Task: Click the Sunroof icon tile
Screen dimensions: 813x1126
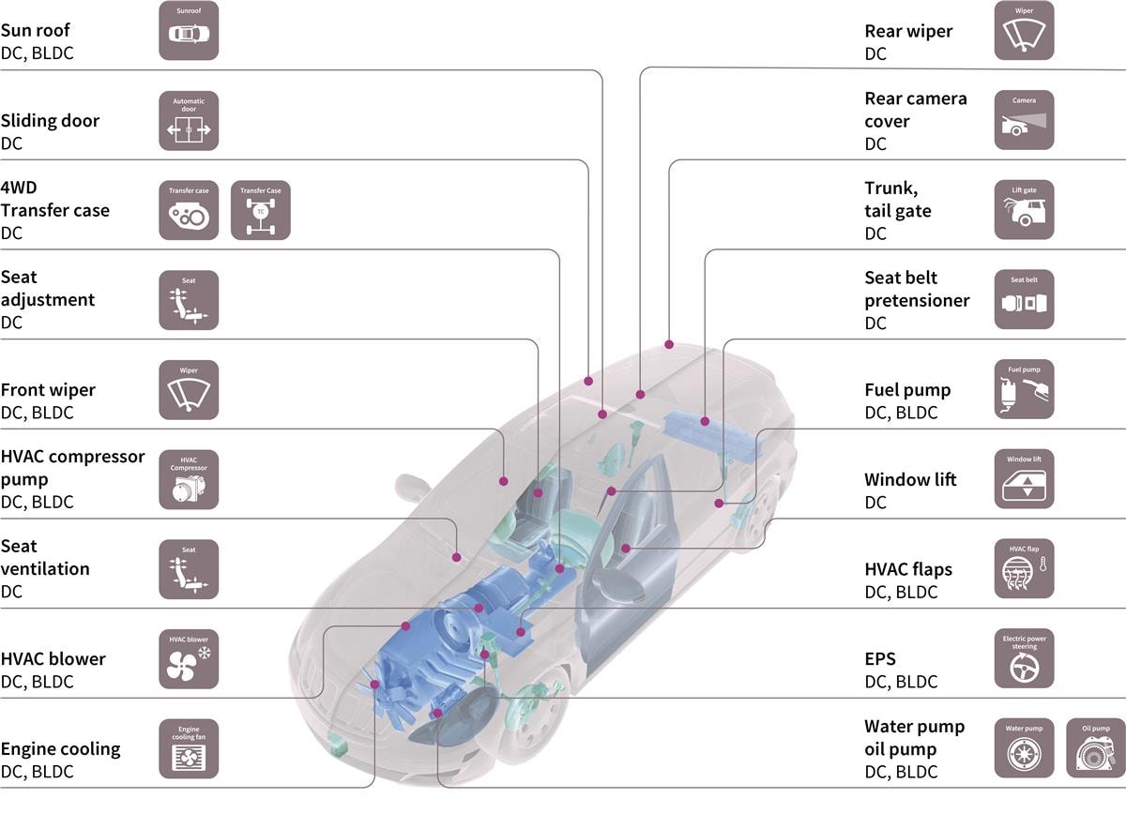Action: coord(189,31)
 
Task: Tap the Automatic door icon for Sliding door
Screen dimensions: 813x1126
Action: coord(189,121)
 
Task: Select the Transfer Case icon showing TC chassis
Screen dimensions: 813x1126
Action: coord(261,211)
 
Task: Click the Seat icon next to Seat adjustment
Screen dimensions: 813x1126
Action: coord(189,300)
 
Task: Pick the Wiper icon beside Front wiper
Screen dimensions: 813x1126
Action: coord(189,390)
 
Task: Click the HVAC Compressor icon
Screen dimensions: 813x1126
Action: coord(189,480)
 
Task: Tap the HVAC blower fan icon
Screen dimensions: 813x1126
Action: coord(189,659)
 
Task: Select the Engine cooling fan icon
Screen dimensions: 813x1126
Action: coord(189,749)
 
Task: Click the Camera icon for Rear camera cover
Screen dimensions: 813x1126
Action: coord(1024,120)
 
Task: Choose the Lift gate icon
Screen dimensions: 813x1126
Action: coord(1024,210)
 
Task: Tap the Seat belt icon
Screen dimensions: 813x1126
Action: coord(1024,300)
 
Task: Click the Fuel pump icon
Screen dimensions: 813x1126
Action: coord(1024,390)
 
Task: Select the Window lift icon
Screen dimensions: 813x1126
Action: coord(1024,479)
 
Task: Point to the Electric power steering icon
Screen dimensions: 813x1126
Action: coord(1024,659)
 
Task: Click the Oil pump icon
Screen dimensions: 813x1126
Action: coord(1096,749)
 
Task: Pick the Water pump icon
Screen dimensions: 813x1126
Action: coord(1024,749)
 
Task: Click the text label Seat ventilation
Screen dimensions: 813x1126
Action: coord(45,557)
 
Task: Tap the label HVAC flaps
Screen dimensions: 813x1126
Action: coord(907,569)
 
